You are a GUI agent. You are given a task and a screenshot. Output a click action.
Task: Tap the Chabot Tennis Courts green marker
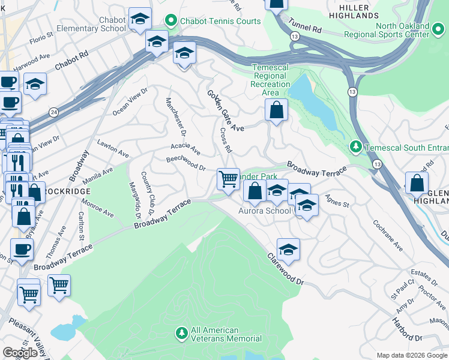[170, 21]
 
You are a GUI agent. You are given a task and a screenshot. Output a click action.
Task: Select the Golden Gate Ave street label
[226, 111]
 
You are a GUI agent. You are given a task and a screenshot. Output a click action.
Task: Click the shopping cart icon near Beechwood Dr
[228, 179]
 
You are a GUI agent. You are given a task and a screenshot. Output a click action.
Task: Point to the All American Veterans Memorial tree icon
[181, 332]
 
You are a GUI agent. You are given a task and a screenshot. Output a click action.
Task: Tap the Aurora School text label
[264, 211]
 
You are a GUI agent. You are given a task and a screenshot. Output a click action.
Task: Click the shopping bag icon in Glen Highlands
[416, 182]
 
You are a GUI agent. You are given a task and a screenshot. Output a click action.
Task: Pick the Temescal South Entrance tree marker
[355, 146]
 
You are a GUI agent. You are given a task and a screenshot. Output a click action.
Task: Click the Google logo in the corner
[20, 352]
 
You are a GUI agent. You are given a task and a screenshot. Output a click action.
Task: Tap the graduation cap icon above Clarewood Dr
[288, 249]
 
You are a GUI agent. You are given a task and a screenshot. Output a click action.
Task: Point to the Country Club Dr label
[148, 193]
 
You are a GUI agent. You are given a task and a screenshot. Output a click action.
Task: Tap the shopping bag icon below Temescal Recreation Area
[276, 110]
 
